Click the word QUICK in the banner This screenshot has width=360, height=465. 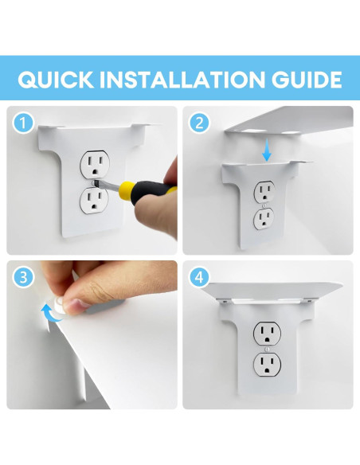(56, 80)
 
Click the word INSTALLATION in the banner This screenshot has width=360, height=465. (182, 80)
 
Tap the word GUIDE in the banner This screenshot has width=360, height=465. (307, 80)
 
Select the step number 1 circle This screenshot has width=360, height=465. (23, 123)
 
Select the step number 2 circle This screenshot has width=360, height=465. (199, 123)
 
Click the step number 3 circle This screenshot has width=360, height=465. (23, 277)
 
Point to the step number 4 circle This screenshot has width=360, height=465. (199, 277)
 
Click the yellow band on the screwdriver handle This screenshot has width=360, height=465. (127, 190)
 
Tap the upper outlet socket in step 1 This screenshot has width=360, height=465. (95, 165)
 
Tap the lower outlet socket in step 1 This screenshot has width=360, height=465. (94, 200)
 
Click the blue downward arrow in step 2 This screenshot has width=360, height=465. (267, 150)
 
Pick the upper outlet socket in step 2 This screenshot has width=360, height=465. (264, 192)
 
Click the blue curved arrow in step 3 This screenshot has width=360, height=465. (51, 315)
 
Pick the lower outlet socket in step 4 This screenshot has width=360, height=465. (267, 364)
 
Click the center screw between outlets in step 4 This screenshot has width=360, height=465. (268, 349)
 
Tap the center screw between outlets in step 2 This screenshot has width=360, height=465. (264, 205)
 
